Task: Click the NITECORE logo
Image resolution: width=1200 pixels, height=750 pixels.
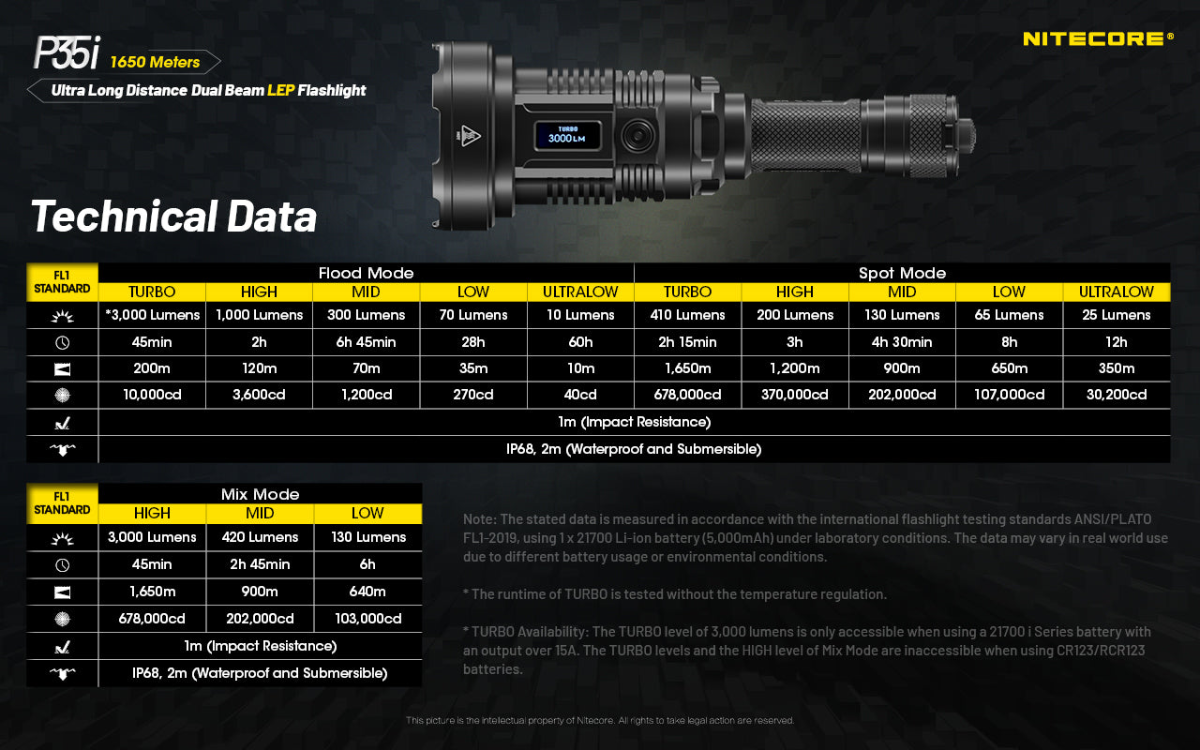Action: click(x=1097, y=39)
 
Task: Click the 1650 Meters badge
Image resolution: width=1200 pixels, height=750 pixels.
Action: click(x=156, y=62)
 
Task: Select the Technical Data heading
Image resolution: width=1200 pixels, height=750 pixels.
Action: click(x=174, y=217)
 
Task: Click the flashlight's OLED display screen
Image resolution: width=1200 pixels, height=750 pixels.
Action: click(x=568, y=135)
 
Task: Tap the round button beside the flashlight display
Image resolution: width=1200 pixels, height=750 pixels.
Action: click(x=637, y=136)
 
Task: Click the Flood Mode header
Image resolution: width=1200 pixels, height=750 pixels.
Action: click(x=366, y=273)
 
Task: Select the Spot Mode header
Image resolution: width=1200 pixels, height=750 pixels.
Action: click(x=902, y=273)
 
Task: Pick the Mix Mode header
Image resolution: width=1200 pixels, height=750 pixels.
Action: click(x=260, y=494)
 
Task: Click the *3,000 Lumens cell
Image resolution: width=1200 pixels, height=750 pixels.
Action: click(x=152, y=315)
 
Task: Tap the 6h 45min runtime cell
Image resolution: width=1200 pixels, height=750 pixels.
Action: click(x=366, y=342)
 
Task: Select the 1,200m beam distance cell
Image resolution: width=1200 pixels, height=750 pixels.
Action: click(x=795, y=368)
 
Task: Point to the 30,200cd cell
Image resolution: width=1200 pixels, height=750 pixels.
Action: click(x=1116, y=395)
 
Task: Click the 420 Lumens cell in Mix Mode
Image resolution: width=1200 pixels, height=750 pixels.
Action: click(x=260, y=537)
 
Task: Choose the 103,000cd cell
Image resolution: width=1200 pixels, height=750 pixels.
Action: click(x=367, y=619)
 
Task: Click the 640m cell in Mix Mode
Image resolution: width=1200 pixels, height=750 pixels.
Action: click(x=367, y=592)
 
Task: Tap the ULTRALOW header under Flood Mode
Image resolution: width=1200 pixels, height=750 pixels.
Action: click(x=580, y=292)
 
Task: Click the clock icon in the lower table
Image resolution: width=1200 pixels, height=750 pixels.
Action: click(x=63, y=565)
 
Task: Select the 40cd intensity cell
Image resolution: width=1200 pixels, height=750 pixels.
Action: click(x=580, y=395)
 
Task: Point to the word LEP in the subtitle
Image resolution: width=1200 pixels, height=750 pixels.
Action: click(x=280, y=91)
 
